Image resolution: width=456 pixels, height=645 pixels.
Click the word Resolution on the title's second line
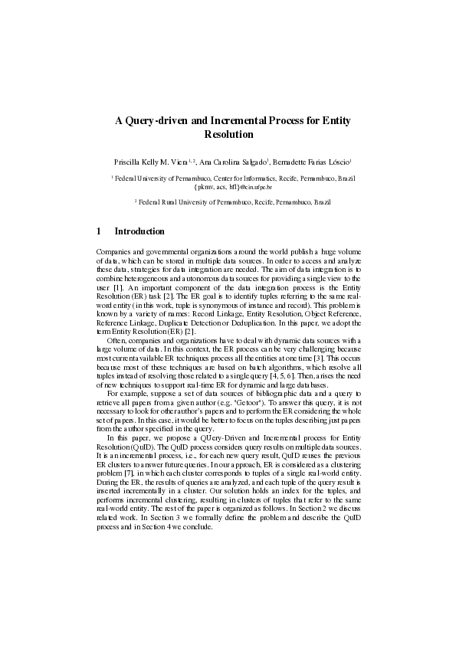pos(228,134)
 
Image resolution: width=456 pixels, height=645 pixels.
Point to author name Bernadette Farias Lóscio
pos(317,162)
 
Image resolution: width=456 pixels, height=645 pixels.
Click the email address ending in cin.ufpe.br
pos(228,186)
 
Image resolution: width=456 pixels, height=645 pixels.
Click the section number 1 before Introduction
pos(100,231)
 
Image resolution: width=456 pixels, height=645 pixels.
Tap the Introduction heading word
pos(139,231)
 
